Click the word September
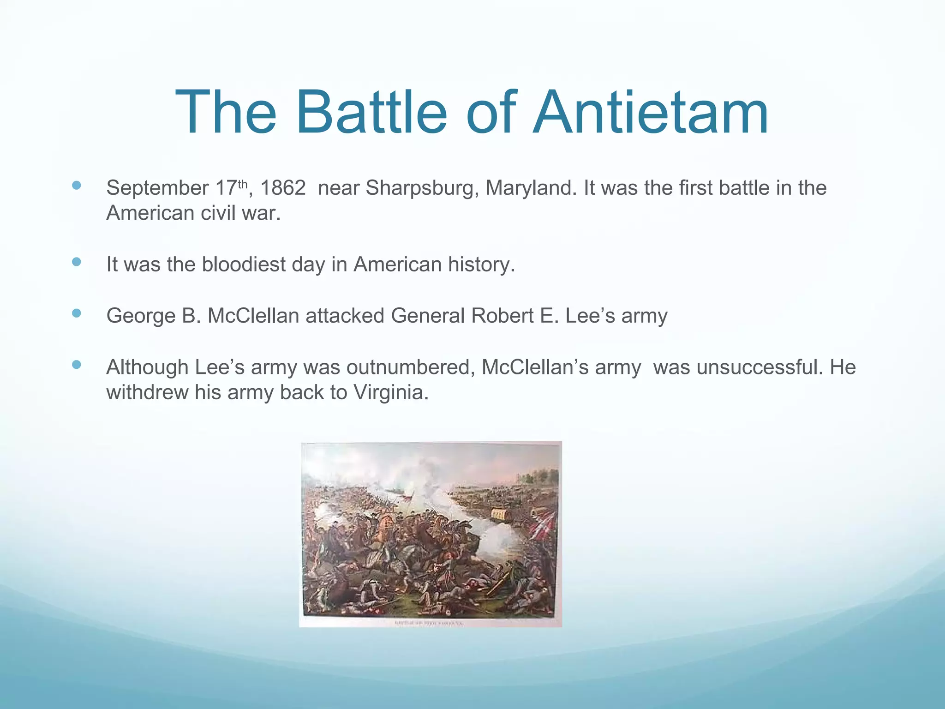point(157,188)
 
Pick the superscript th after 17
point(243,184)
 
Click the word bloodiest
point(244,264)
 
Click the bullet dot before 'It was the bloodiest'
point(77,262)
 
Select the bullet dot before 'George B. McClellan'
point(77,313)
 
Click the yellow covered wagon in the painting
point(504,514)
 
